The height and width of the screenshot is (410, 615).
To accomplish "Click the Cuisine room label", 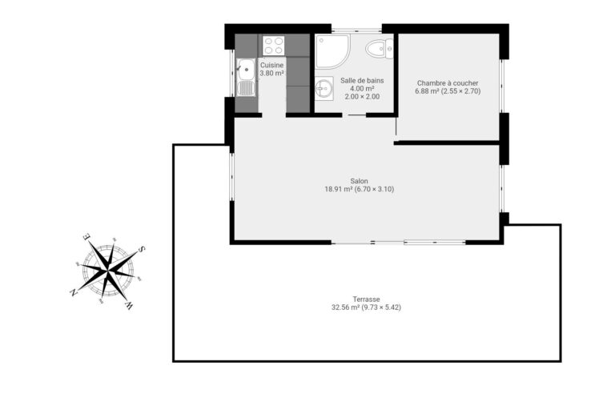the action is (271, 65).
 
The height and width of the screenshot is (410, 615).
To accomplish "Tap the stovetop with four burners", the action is (273, 46).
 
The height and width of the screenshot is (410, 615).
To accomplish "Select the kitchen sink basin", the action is (247, 69).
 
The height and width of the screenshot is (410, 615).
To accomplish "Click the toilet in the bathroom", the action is (380, 50).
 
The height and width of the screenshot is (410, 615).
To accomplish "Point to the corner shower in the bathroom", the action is (332, 51).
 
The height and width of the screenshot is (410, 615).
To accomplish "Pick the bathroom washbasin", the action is (324, 88).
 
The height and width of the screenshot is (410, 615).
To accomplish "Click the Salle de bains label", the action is (362, 80).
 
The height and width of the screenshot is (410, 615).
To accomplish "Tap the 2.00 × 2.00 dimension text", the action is (362, 97).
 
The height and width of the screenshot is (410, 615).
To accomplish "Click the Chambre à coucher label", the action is (448, 83).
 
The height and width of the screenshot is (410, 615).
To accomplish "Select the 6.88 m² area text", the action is (427, 91).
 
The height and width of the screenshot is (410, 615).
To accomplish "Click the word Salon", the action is (360, 181).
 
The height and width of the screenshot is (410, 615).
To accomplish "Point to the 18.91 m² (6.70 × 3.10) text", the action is (360, 189).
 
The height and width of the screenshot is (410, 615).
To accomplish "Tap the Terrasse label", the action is (366, 299).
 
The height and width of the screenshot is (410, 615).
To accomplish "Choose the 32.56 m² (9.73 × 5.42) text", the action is (366, 307).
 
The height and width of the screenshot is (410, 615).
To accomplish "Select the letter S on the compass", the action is (143, 249).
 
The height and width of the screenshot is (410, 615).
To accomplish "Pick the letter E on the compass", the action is (86, 236).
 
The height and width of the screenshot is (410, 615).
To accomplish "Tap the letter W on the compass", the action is (129, 305).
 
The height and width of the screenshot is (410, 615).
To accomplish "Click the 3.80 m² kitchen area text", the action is (271, 74).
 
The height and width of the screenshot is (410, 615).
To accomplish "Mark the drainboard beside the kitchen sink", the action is (247, 88).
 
